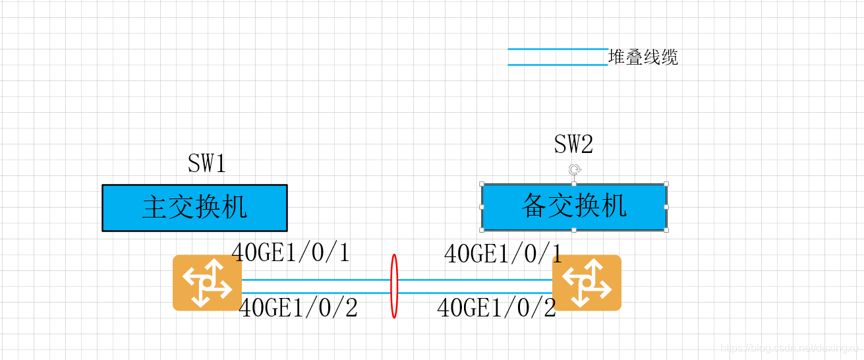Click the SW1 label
click(207, 164)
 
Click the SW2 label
click(573, 144)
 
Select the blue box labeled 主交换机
click(194, 208)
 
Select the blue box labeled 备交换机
click(574, 206)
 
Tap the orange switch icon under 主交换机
click(207, 282)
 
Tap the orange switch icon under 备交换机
click(587, 282)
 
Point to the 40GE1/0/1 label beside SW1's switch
click(291, 253)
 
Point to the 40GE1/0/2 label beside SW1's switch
click(298, 308)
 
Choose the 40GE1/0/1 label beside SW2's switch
click(503, 254)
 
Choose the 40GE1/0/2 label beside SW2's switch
click(496, 308)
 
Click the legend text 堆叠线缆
click(643, 57)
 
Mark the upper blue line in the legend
click(558, 49)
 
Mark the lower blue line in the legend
click(558, 65)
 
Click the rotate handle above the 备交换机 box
click(574, 169)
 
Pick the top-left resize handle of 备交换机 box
click(482, 184)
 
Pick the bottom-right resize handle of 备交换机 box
click(666, 229)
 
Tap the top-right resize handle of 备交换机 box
click(666, 184)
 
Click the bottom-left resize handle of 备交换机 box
click(482, 229)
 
